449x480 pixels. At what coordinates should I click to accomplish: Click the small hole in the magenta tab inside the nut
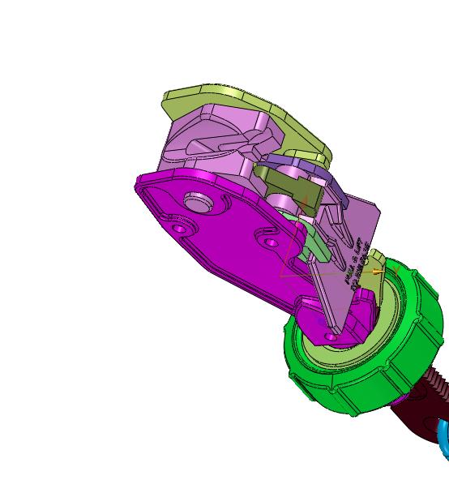(x=331, y=334)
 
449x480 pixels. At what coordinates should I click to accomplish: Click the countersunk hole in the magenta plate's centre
(x=268, y=238)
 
